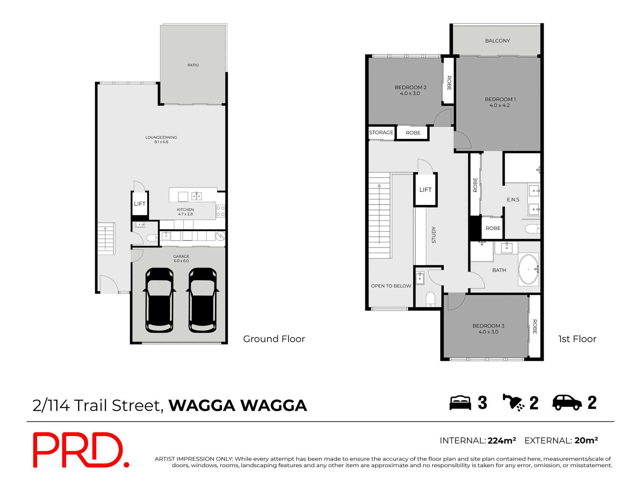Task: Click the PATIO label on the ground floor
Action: click(x=193, y=65)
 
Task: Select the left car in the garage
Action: click(x=160, y=300)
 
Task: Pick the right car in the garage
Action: click(x=203, y=300)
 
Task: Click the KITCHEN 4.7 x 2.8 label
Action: click(x=185, y=212)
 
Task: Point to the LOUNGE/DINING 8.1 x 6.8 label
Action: click(x=161, y=140)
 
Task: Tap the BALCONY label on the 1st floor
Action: click(x=497, y=41)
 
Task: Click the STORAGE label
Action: click(x=381, y=133)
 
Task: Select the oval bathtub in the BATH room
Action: click(x=528, y=269)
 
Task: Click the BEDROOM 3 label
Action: click(x=488, y=326)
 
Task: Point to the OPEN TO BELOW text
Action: click(x=391, y=286)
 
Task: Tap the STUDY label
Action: click(x=434, y=235)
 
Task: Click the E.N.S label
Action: click(x=513, y=200)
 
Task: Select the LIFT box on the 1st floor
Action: click(x=425, y=190)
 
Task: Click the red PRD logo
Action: click(x=80, y=450)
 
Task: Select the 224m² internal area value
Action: click(x=501, y=441)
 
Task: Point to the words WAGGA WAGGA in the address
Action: click(x=238, y=406)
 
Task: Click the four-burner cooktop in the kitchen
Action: click(x=220, y=211)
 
